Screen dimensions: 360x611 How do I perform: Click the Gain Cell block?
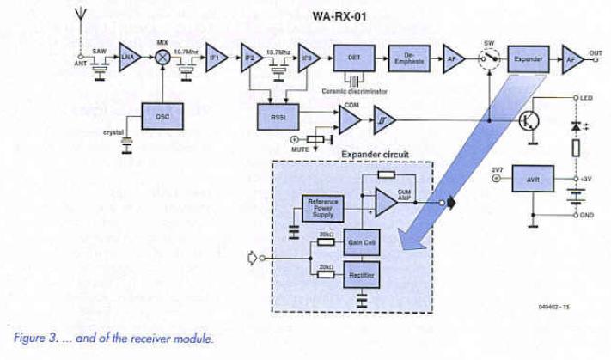(x=361, y=243)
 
